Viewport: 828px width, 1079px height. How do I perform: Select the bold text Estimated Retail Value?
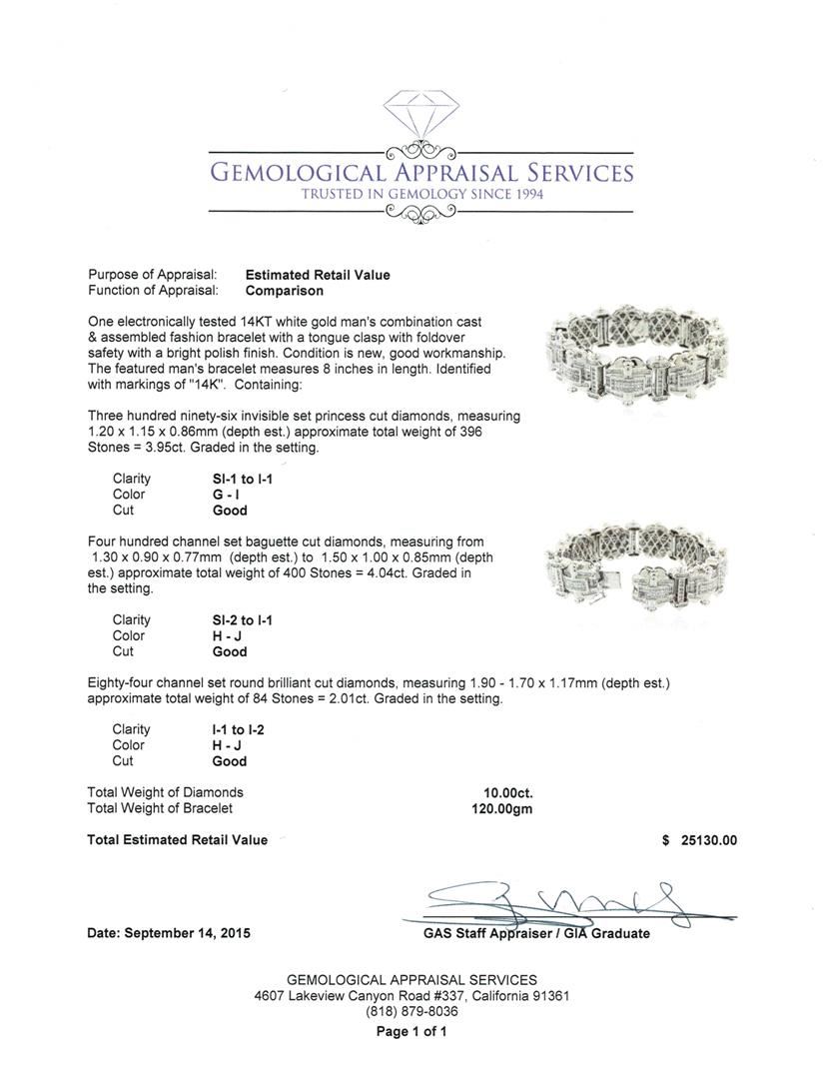click(x=318, y=275)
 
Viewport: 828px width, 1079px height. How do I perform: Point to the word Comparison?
click(x=285, y=291)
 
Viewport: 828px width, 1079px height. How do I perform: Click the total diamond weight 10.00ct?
click(x=508, y=793)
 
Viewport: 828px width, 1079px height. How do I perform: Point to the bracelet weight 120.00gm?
click(x=501, y=809)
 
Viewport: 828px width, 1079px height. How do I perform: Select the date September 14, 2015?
click(x=169, y=933)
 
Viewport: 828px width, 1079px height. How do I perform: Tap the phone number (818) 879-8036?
click(x=412, y=1011)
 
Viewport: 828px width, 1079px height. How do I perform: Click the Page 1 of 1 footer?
click(x=412, y=1032)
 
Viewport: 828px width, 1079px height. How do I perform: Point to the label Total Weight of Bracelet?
click(x=160, y=808)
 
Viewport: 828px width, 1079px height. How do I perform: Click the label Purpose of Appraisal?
click(x=160, y=275)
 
